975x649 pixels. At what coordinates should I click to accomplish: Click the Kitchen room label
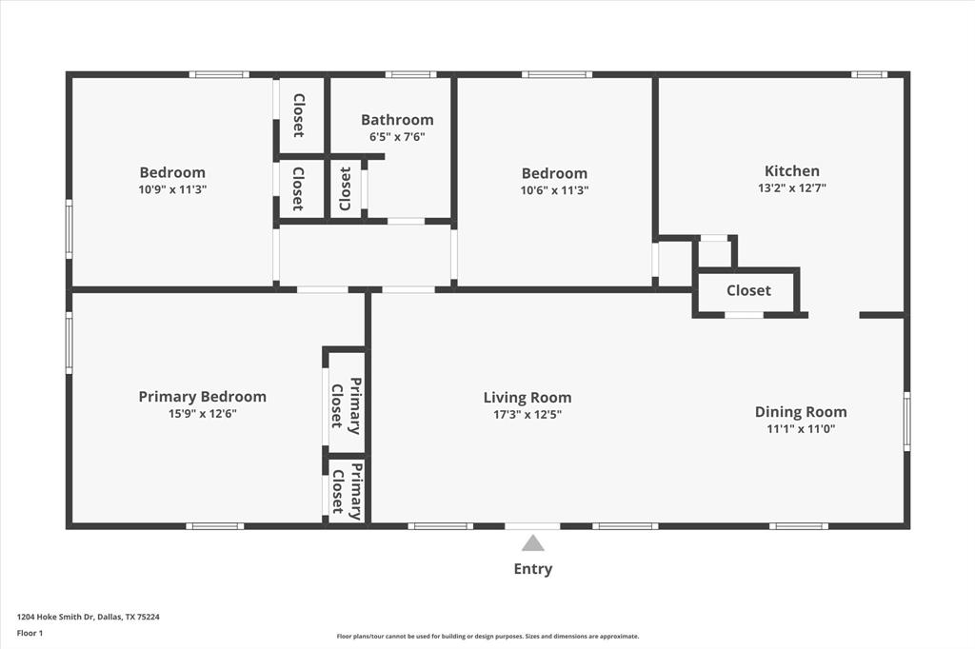click(791, 171)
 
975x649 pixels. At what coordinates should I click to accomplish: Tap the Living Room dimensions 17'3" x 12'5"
click(527, 414)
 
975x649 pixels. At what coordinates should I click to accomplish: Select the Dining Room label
click(800, 412)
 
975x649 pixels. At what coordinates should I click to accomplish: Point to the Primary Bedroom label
click(202, 397)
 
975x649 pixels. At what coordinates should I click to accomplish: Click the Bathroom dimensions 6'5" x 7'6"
click(396, 137)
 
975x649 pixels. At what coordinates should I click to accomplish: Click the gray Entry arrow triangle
click(532, 543)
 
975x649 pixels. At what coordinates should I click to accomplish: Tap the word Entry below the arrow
click(532, 569)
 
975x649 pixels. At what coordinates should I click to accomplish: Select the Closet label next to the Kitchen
click(748, 290)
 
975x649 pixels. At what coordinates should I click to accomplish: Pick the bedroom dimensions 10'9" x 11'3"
click(172, 189)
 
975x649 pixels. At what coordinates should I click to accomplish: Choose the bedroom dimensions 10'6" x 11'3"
click(554, 189)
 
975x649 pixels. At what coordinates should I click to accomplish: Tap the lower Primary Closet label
click(347, 491)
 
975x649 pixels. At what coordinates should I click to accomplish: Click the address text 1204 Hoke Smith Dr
click(89, 617)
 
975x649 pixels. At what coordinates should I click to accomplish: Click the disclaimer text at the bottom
click(487, 637)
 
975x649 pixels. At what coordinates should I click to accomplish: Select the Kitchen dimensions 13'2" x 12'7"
click(791, 187)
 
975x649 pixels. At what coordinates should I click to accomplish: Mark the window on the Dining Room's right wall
click(906, 421)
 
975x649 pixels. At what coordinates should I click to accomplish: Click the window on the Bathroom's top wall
click(410, 74)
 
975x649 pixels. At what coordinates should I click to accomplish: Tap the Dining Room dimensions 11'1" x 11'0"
click(800, 428)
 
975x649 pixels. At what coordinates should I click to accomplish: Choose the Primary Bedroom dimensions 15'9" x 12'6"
click(202, 413)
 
